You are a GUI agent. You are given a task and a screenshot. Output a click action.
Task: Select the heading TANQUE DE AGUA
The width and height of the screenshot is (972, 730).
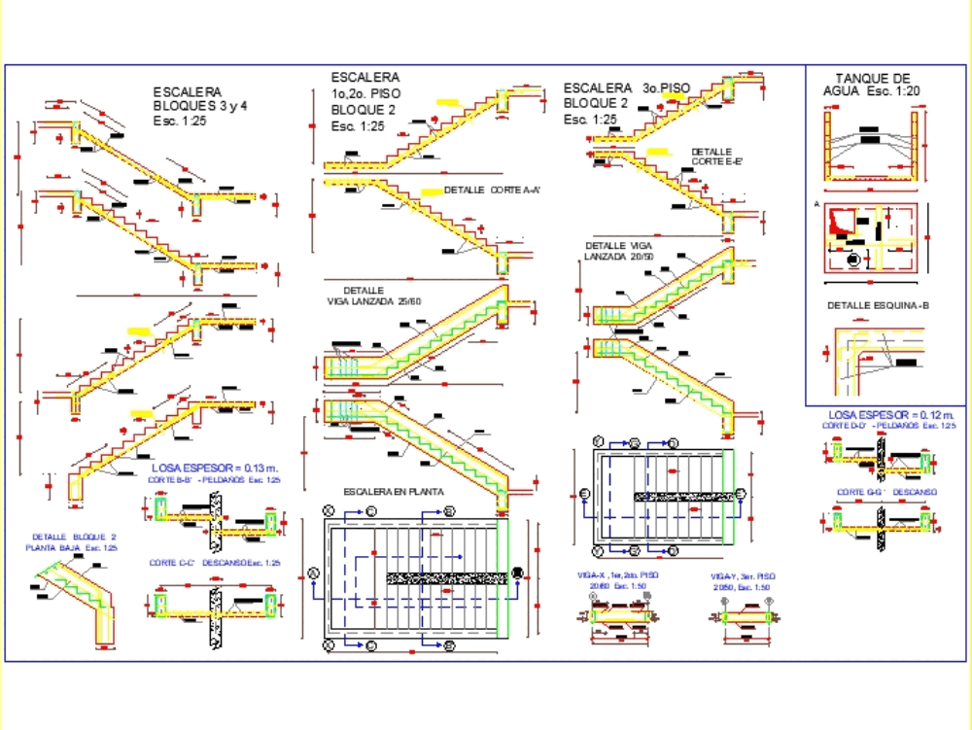[x=872, y=86]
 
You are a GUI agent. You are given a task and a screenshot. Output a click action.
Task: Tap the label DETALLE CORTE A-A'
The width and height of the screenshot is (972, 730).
[x=491, y=190]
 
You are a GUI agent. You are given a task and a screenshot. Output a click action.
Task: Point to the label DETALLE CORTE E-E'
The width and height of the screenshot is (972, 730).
[x=716, y=157]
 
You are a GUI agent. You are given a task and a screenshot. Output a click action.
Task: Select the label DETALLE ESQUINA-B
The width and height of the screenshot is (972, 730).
[x=878, y=305]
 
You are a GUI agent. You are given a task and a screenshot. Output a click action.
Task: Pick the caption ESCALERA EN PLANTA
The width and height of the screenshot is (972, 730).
[x=394, y=492]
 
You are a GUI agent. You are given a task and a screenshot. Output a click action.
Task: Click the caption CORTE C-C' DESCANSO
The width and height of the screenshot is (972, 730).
[x=214, y=563]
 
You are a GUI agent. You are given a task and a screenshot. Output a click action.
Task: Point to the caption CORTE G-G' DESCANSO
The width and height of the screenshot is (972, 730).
[x=886, y=492]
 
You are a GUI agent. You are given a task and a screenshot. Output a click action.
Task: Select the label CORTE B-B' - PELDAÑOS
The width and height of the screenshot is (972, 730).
[x=214, y=480]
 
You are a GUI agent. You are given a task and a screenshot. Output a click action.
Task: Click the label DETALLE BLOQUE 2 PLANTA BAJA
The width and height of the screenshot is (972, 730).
[x=73, y=542]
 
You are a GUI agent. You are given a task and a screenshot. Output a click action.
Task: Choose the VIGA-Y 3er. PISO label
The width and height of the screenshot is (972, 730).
[x=743, y=581]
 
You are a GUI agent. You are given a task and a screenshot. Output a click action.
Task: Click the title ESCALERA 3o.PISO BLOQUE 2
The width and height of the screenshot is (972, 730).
[x=626, y=103]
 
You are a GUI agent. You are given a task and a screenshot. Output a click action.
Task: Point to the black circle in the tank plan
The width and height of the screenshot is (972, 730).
[x=853, y=261]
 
